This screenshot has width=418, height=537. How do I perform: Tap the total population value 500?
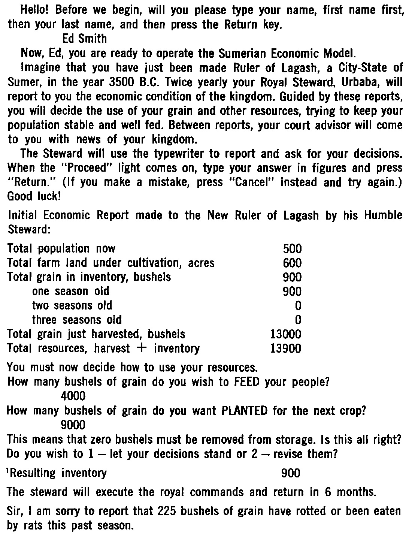pyautogui.click(x=292, y=248)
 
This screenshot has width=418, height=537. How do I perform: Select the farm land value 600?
pyautogui.click(x=292, y=263)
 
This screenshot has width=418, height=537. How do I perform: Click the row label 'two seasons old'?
pyautogui.click(x=72, y=305)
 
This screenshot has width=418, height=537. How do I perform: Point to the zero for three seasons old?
pyautogui.click(x=298, y=320)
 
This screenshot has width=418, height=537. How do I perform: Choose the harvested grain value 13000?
pyautogui.click(x=285, y=334)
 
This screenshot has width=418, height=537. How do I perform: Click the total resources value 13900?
pyautogui.click(x=285, y=349)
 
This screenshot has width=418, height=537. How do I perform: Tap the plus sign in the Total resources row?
pyautogui.click(x=142, y=349)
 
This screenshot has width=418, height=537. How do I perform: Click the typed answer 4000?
pyautogui.click(x=73, y=396)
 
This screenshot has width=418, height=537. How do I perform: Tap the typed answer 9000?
pyautogui.click(x=73, y=425)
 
